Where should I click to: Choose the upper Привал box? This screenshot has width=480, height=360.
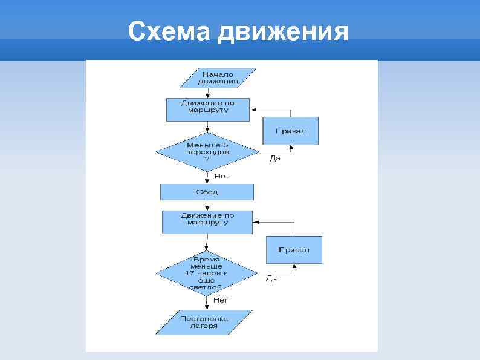[x=290, y=131]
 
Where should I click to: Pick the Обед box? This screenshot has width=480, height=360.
[x=207, y=192]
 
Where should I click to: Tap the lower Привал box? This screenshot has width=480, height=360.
[x=294, y=250]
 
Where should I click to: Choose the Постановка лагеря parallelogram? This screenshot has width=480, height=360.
[x=204, y=322]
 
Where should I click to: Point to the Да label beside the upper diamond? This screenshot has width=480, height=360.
[x=274, y=159]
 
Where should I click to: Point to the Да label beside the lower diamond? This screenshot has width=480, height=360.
[x=272, y=278]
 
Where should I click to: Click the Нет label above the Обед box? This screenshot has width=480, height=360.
[x=222, y=177]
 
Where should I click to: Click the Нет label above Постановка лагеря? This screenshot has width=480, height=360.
[x=221, y=299]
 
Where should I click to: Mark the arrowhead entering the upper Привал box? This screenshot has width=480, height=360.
[x=291, y=146]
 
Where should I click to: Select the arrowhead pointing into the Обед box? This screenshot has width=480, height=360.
[x=207, y=182]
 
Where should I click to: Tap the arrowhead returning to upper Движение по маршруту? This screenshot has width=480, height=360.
[x=252, y=110]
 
